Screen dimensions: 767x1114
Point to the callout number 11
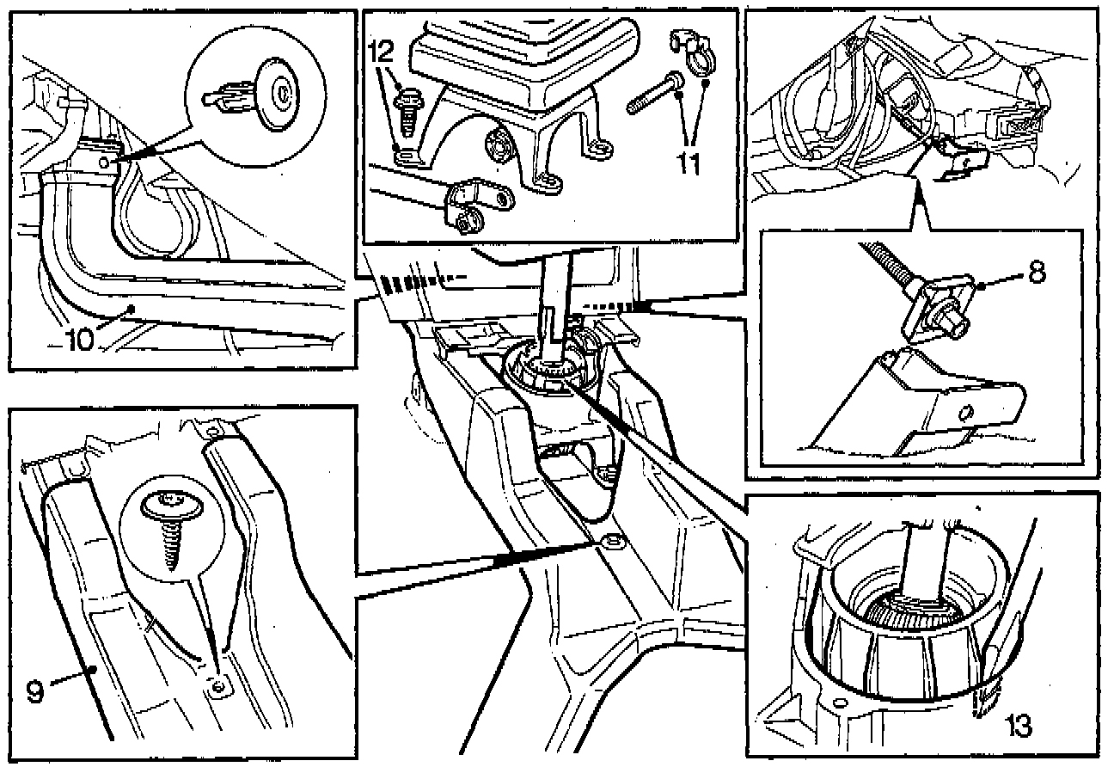pos(688,161)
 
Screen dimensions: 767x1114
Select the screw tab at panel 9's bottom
pos(218,685)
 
